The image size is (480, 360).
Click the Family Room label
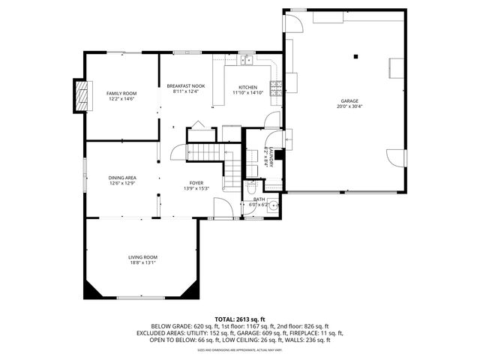[x=121, y=93]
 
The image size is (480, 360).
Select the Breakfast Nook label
[x=185, y=86]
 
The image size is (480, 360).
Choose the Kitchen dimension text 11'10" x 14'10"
[x=247, y=93]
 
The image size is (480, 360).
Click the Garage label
[x=349, y=100]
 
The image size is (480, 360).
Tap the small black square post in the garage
[x=358, y=55]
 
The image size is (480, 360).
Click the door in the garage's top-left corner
[x=294, y=23]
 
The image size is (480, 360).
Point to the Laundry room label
[x=266, y=157]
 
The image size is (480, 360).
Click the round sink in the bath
[x=274, y=204]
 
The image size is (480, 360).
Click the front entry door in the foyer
[x=222, y=208]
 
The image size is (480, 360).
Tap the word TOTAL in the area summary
[x=226, y=319]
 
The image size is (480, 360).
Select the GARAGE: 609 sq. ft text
[x=260, y=333]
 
